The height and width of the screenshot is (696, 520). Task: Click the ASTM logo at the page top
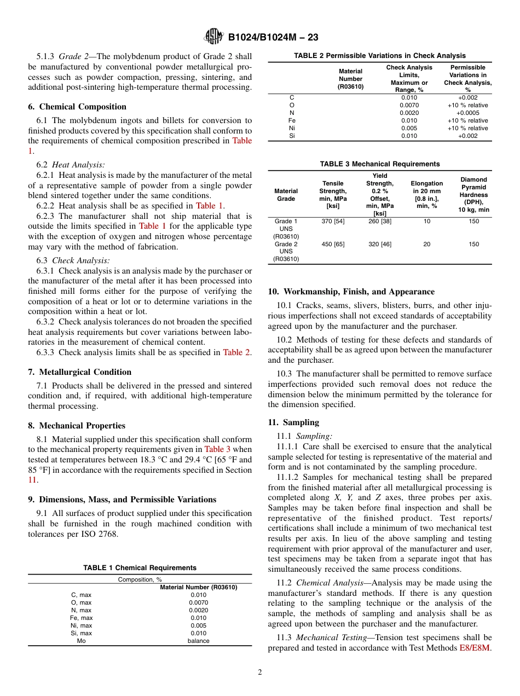[x=213, y=37]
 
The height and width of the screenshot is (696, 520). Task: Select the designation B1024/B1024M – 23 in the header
[x=273, y=37]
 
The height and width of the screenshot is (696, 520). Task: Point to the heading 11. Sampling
[x=293, y=422]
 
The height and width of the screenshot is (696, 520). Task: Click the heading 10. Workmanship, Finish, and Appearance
[x=351, y=292]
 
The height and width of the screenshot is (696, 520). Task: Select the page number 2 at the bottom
[x=260, y=672]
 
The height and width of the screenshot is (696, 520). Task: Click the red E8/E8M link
[x=475, y=648]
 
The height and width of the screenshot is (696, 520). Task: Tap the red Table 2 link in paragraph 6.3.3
[x=236, y=352]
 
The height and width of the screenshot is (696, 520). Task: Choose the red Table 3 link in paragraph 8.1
[x=217, y=449]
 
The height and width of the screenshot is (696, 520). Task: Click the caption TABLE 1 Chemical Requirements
[x=140, y=568]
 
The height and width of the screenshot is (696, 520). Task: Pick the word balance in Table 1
[x=198, y=641]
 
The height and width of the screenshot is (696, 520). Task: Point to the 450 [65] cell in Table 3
[x=333, y=244]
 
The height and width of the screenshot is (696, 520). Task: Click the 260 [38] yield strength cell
[x=379, y=221]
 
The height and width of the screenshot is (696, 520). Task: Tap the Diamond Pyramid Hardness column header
[x=473, y=195]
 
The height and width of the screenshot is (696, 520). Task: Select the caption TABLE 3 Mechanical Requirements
[x=379, y=164]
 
